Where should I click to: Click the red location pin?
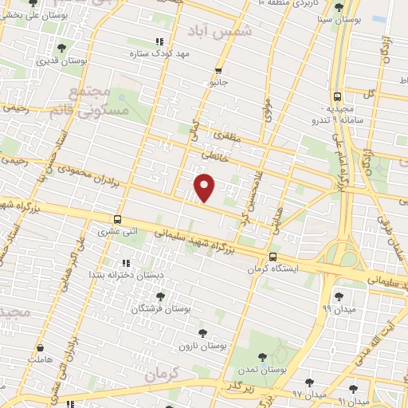(206, 189)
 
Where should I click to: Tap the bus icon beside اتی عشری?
(118, 220)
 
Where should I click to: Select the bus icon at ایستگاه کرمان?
(273, 257)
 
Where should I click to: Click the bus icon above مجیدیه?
(338, 96)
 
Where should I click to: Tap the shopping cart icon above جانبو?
(218, 70)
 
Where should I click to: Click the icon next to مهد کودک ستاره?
(160, 41)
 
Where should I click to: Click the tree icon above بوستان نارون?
(199, 334)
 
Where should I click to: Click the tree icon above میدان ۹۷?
(309, 382)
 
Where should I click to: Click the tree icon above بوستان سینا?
(340, 7)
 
